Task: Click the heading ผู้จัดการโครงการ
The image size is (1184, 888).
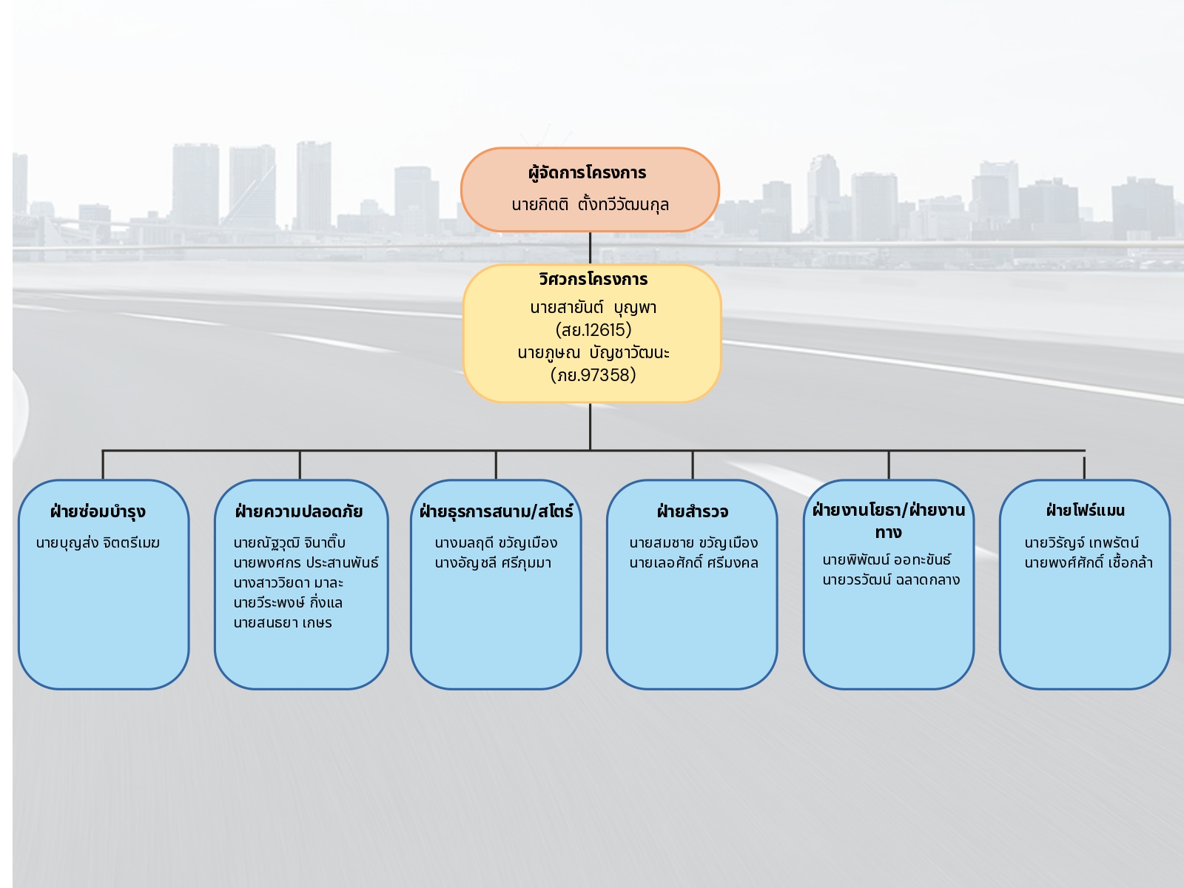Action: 587,173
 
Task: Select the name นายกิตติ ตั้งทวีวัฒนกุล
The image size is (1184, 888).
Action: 590,205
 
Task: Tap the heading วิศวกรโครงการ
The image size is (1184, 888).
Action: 593,280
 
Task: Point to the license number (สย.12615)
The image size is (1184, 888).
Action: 593,330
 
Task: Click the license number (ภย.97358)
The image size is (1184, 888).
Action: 593,375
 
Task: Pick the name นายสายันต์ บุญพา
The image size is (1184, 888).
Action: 593,308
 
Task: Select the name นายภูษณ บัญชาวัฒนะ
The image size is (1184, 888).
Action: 593,353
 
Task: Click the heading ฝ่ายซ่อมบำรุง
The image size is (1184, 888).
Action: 98,512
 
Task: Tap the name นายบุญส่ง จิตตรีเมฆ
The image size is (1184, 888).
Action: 98,543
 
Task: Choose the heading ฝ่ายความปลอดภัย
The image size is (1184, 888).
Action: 299,512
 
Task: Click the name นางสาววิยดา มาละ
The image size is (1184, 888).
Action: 288,583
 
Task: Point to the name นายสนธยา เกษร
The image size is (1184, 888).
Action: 283,623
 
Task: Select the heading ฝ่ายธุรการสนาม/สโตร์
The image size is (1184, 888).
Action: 496,512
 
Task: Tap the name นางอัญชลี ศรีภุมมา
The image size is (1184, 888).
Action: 493,563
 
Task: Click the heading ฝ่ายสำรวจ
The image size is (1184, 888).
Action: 692,512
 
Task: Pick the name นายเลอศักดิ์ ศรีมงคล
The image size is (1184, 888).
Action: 693,563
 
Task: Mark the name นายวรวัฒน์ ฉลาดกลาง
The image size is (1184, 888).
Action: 891,580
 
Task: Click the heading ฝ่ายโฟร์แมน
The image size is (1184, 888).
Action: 1085,511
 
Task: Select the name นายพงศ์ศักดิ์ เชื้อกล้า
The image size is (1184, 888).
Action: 1089,563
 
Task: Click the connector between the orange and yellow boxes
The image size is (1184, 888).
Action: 590,248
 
